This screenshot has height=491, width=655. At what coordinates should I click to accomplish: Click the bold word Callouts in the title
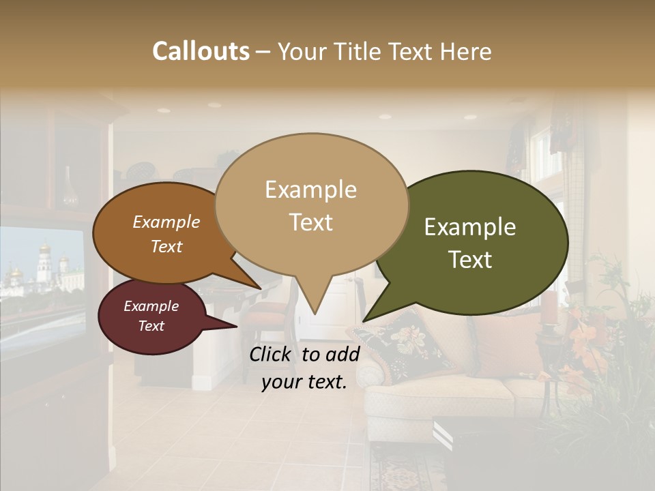201,51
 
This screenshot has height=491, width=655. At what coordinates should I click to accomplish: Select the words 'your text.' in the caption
304,382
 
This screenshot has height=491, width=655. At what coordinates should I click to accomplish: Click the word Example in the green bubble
470,227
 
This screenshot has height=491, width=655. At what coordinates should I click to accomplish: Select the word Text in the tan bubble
311,222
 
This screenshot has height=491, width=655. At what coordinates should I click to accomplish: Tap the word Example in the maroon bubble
151,306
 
